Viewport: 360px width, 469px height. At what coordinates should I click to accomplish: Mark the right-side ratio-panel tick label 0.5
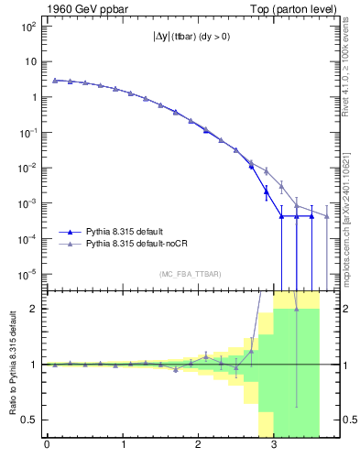point(344,420)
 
